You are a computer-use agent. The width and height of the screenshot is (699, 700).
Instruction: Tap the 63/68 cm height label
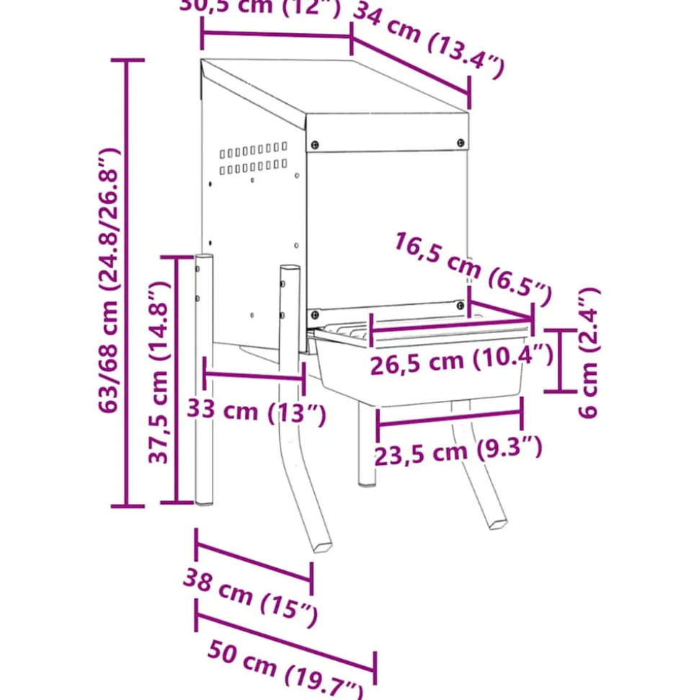click(x=108, y=281)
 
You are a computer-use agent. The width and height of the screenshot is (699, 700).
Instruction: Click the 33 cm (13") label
click(x=257, y=412)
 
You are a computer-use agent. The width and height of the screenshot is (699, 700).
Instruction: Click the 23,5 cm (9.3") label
click(x=457, y=451)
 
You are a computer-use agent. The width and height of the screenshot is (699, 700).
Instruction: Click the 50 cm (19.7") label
click(x=285, y=668)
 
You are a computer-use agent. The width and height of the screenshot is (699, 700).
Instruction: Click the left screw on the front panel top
click(x=314, y=144)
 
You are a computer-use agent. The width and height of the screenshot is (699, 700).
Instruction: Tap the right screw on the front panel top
click(x=460, y=143)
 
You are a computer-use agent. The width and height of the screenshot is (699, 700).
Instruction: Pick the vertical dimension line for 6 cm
click(x=561, y=360)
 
